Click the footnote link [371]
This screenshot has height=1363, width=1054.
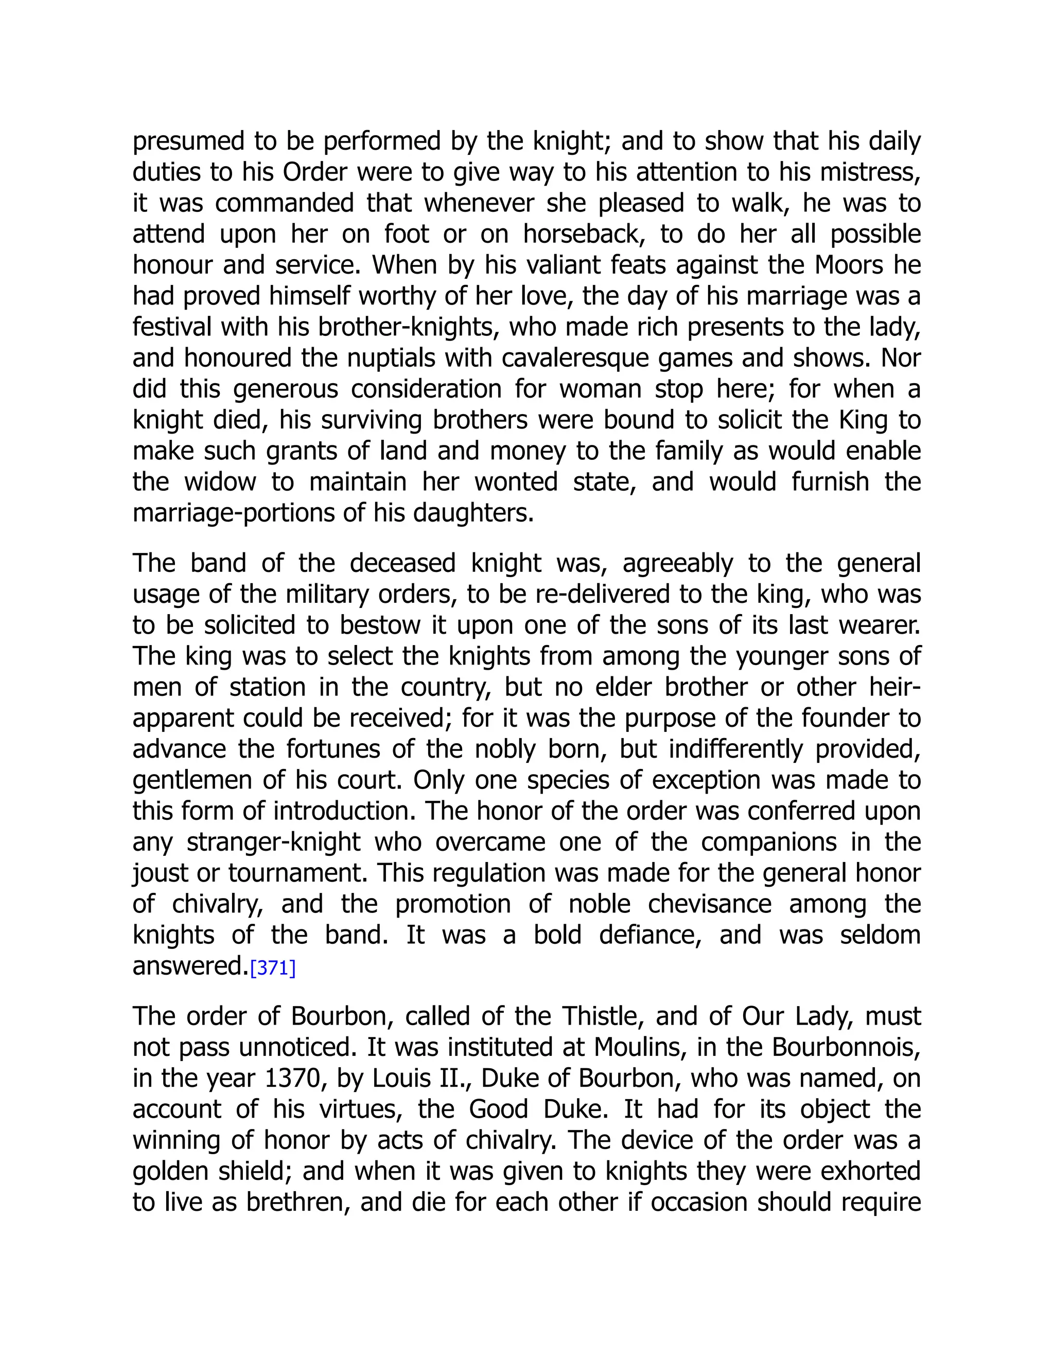click(x=272, y=968)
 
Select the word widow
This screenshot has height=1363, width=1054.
click(x=220, y=482)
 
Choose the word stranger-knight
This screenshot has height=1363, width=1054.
click(x=273, y=842)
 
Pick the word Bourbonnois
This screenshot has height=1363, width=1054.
click(x=846, y=1047)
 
